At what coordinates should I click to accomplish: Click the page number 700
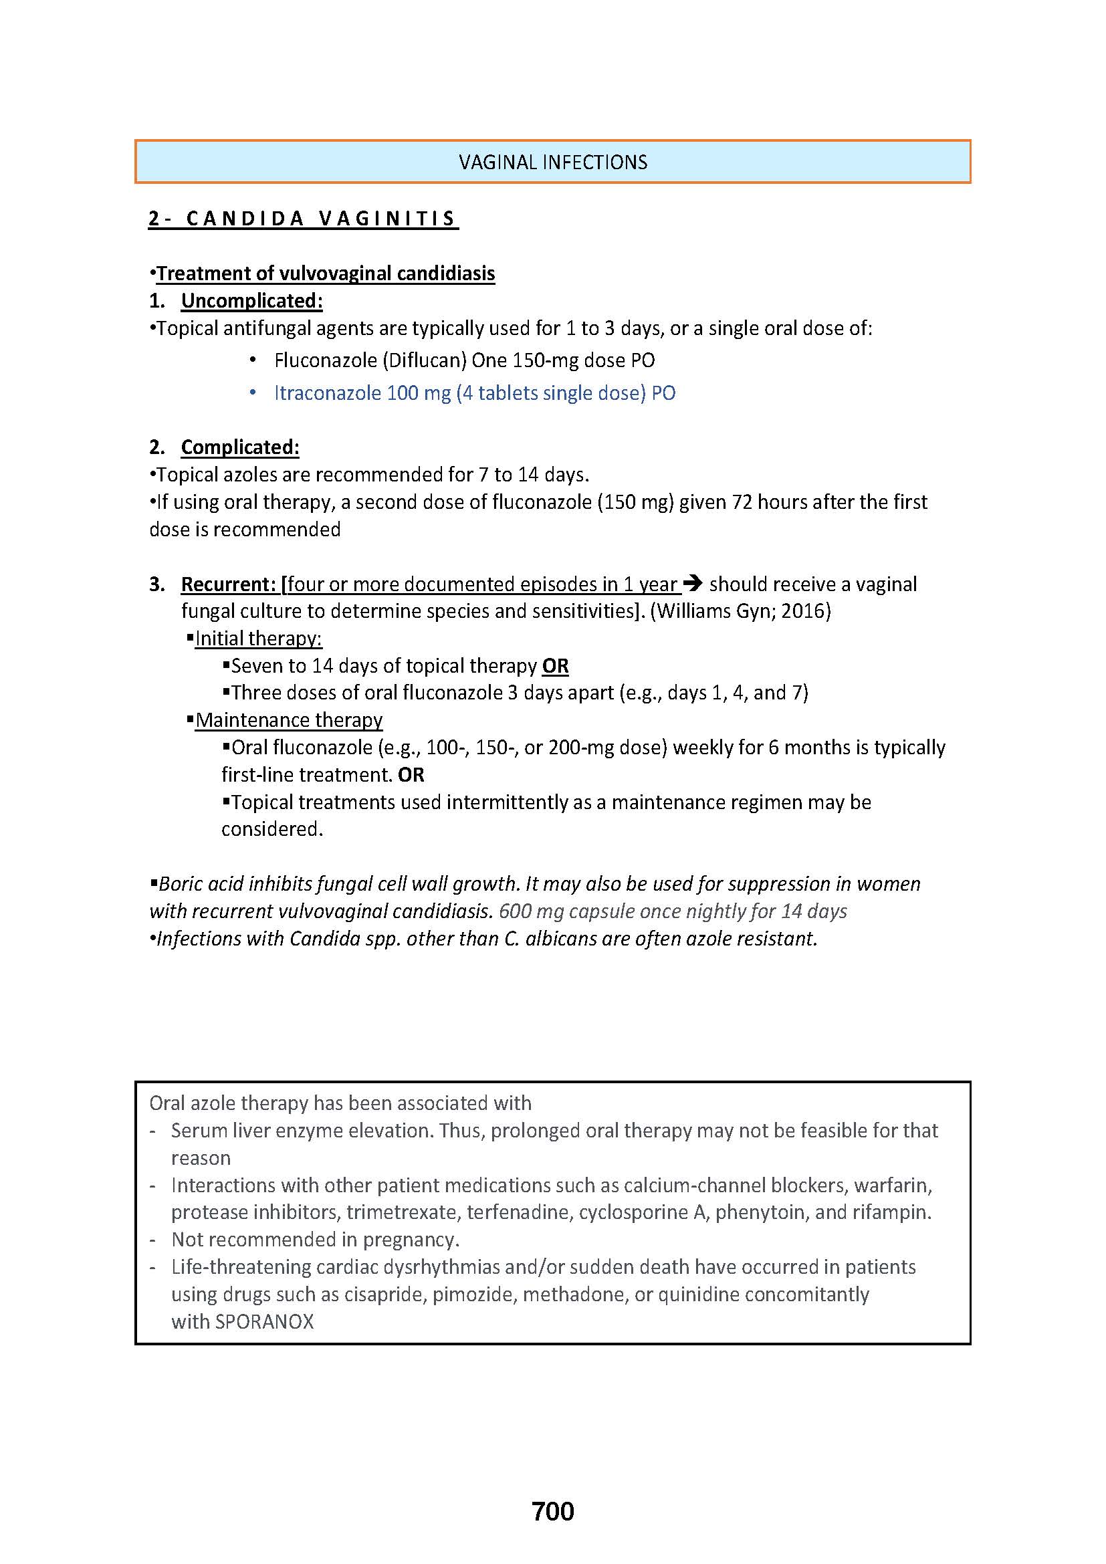pyautogui.click(x=553, y=1512)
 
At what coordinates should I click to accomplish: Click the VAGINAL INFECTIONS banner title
pyautogui.click(x=553, y=162)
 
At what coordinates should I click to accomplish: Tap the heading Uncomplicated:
pyautogui.click(x=251, y=301)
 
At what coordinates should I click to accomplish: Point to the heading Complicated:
pyautogui.click(x=240, y=447)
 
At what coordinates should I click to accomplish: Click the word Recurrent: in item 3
pyautogui.click(x=228, y=584)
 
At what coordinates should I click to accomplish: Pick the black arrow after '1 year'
pyautogui.click(x=693, y=584)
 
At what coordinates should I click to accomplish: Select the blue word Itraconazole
pyautogui.click(x=327, y=393)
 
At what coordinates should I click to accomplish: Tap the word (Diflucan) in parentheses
pyautogui.click(x=423, y=360)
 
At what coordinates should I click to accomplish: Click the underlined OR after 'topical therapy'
pyautogui.click(x=555, y=666)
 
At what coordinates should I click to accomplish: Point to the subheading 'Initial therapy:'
pyautogui.click(x=258, y=639)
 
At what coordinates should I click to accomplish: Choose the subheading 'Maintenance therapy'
pyautogui.click(x=289, y=721)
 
